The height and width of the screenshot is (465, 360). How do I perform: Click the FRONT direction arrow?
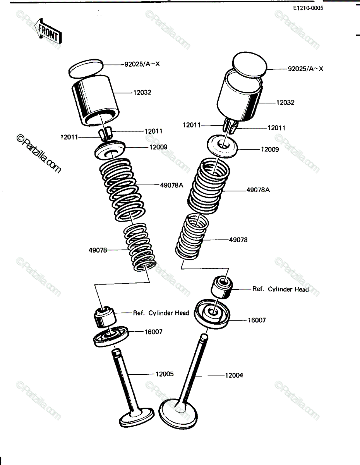click(48, 31)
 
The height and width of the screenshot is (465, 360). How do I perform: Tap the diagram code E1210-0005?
click(308, 9)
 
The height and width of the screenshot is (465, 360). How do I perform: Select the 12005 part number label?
click(165, 374)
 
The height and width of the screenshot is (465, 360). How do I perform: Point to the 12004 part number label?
click(234, 375)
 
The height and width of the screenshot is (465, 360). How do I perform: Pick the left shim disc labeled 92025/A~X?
click(86, 69)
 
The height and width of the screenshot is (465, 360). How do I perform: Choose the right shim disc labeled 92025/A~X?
click(249, 64)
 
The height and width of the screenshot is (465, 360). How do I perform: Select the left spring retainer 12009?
click(110, 149)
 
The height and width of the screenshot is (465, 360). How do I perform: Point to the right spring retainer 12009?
click(223, 146)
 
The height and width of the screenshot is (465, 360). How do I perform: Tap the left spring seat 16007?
click(111, 337)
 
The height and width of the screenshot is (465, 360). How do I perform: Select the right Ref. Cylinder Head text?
click(281, 289)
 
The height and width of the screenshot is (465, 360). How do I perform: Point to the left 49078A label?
click(171, 185)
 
